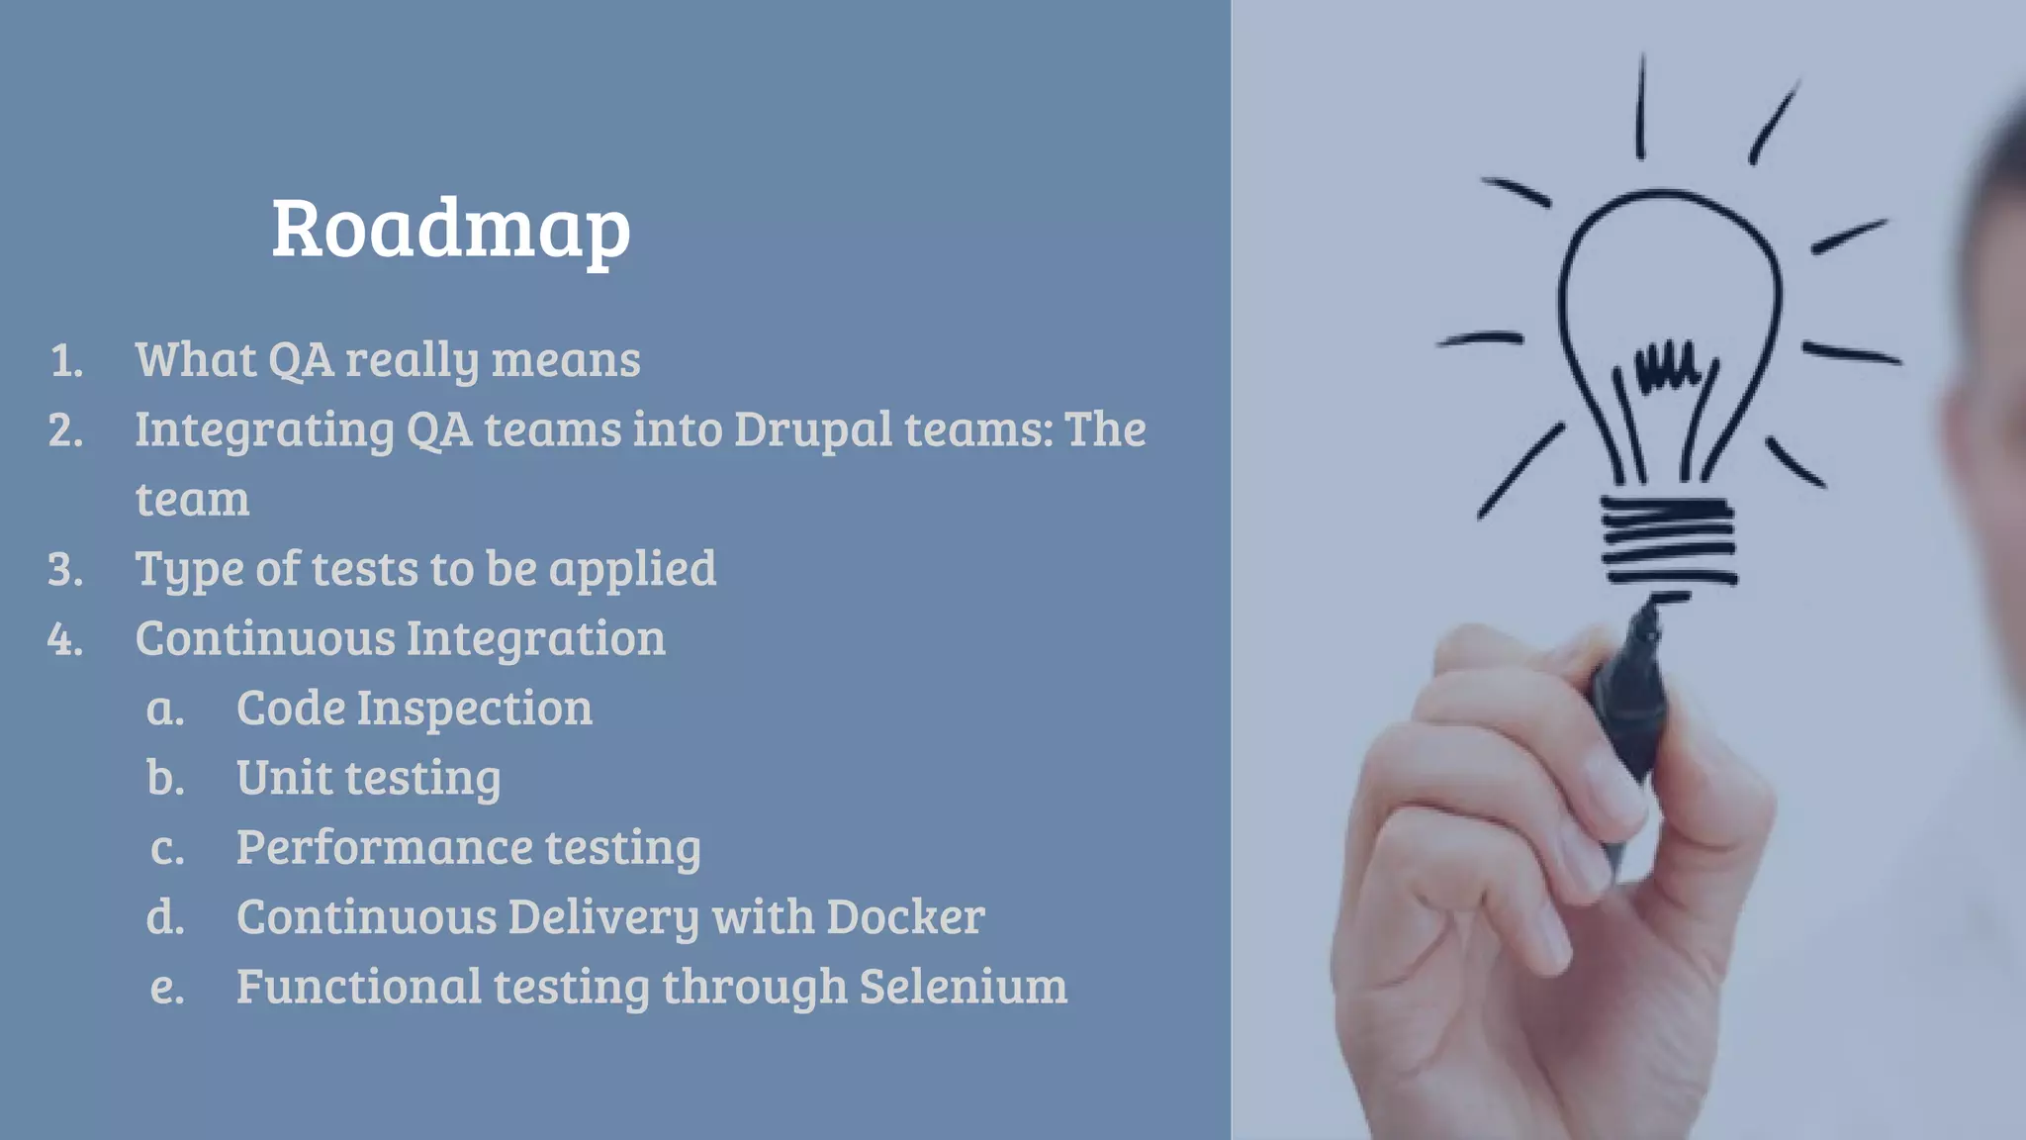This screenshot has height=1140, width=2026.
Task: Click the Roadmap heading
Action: point(451,230)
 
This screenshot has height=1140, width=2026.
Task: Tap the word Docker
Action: point(905,917)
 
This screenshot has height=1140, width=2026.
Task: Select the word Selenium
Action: point(964,987)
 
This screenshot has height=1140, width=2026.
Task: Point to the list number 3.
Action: point(65,570)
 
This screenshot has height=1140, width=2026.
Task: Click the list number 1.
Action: point(66,361)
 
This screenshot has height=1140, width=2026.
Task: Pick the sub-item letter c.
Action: point(167,849)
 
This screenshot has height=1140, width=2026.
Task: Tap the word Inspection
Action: point(474,709)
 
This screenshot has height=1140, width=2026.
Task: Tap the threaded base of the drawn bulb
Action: point(1668,540)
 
